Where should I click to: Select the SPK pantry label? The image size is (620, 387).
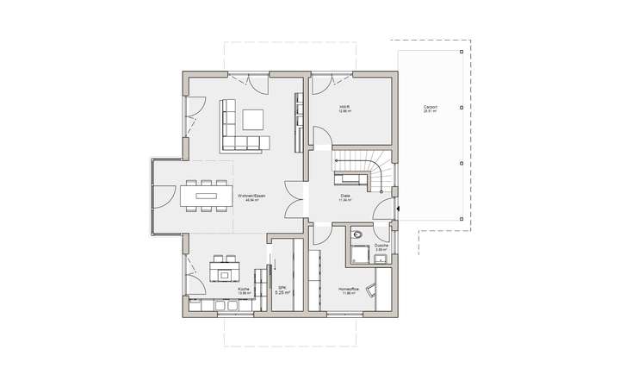pos(282,288)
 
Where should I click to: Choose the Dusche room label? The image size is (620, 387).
pos(381,246)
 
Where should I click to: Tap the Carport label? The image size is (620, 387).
pos(431,107)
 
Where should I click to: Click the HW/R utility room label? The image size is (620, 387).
pos(345,107)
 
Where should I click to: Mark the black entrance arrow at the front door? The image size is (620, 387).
pos(398,208)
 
